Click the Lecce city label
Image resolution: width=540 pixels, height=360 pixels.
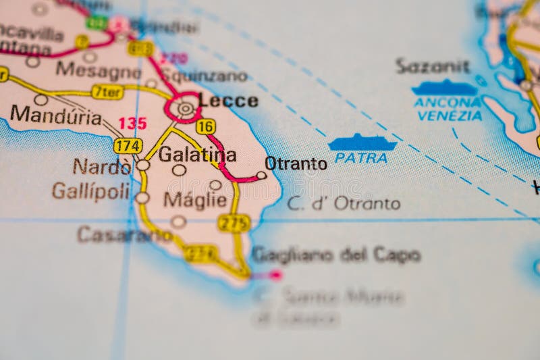pyautogui.click(x=229, y=101)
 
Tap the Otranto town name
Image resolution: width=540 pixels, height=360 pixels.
pyautogui.click(x=296, y=163)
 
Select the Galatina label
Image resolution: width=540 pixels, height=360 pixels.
pyautogui.click(x=197, y=155)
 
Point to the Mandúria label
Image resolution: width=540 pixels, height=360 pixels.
pyautogui.click(x=55, y=115)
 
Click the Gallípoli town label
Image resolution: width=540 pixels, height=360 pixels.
pyautogui.click(x=90, y=191)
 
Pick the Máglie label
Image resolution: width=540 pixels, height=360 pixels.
pyautogui.click(x=195, y=200)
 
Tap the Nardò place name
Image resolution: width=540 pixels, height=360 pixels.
pyautogui.click(x=102, y=166)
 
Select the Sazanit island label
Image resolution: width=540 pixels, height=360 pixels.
pyautogui.click(x=432, y=66)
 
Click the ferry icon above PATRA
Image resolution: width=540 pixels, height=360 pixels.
pyautogui.click(x=362, y=143)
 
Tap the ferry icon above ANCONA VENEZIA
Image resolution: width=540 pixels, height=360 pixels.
pyautogui.click(x=445, y=88)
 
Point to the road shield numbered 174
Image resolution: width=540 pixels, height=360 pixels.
pyautogui.click(x=128, y=146)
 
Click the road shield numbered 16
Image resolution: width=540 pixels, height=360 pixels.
pyautogui.click(x=206, y=126)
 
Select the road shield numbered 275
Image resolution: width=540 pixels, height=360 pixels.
pyautogui.click(x=234, y=223)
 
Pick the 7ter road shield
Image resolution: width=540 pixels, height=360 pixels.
pyautogui.click(x=107, y=92)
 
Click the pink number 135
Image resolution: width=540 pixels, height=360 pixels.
pyautogui.click(x=132, y=124)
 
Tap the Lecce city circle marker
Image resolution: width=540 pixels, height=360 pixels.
pyautogui.click(x=184, y=108)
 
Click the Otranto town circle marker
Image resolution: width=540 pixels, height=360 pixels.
pyautogui.click(x=261, y=176)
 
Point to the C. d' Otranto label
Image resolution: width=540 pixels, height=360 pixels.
pyautogui.click(x=344, y=203)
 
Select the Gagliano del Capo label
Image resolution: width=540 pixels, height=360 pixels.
pyautogui.click(x=335, y=255)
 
